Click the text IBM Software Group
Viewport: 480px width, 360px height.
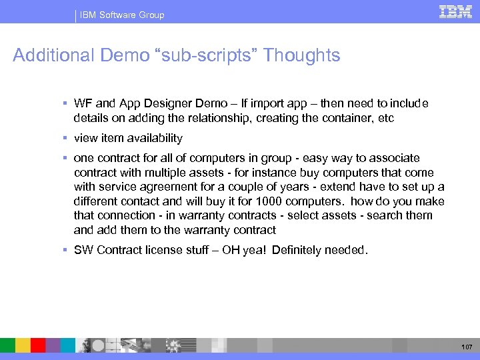pos(122,15)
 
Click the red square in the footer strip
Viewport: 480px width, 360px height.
pos(38,345)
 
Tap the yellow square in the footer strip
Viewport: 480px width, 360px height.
pos(23,345)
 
